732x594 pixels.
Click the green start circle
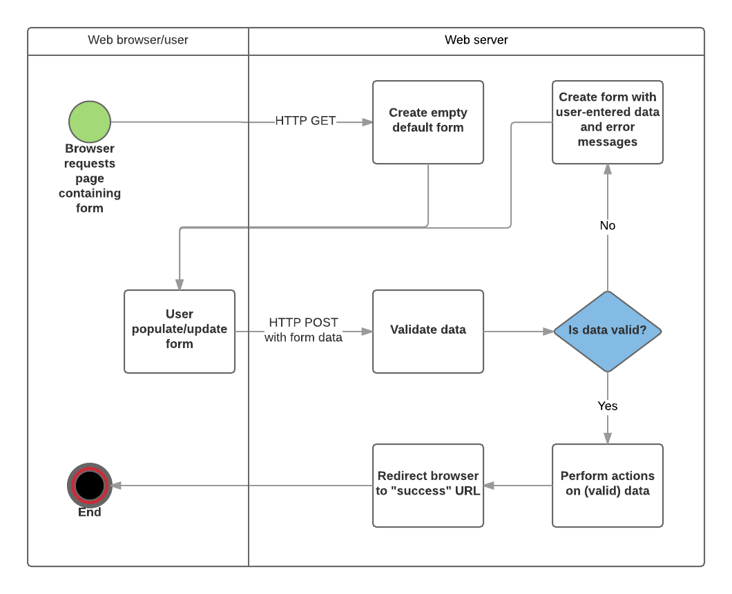[90, 122]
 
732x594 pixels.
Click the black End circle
[90, 485]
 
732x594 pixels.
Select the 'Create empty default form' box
[428, 122]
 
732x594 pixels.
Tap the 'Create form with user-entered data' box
[608, 122]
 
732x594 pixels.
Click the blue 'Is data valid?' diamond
[608, 331]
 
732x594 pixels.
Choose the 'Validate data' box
[428, 331]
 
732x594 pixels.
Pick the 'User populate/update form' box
[180, 331]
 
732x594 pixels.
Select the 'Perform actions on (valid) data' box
[608, 485]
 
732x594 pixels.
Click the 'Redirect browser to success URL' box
[428, 485]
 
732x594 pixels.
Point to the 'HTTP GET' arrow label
[305, 121]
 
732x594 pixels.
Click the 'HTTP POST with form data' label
[304, 330]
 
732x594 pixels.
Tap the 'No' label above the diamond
[608, 226]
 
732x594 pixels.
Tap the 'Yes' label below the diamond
[608, 406]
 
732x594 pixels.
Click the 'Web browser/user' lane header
[138, 40]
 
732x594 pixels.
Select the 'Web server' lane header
[476, 40]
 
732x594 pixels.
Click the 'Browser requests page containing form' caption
[90, 178]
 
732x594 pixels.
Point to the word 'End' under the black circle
[90, 512]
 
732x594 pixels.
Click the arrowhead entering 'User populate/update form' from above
[180, 285]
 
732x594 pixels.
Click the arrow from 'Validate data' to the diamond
[518, 331]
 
